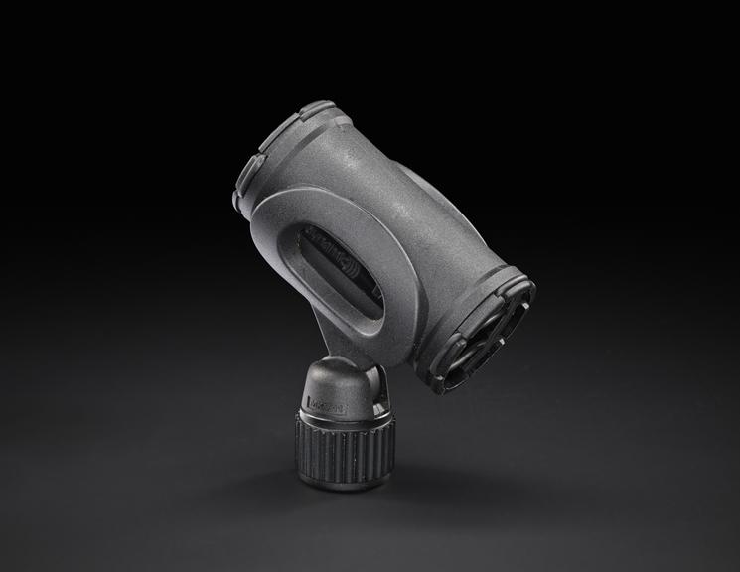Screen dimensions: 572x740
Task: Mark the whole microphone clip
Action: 377,278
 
